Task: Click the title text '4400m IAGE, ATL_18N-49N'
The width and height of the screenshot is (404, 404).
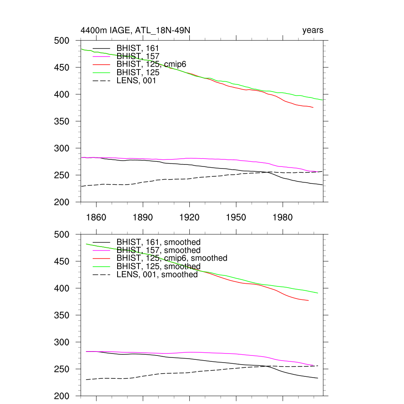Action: [x=136, y=30]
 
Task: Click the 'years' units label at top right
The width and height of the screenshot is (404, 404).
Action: [x=313, y=30]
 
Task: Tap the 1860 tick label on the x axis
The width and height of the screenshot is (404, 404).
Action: [x=96, y=217]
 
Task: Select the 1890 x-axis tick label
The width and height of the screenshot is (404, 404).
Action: [x=142, y=217]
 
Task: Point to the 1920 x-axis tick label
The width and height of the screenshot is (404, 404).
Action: [x=189, y=217]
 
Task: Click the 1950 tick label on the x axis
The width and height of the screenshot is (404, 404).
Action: [x=236, y=217]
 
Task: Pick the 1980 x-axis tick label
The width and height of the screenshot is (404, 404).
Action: [x=282, y=217]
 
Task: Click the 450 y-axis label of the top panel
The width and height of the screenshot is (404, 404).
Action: [x=61, y=67]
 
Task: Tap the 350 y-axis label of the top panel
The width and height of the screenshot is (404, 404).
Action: [x=61, y=122]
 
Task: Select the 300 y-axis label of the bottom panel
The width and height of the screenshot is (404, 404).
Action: [x=61, y=342]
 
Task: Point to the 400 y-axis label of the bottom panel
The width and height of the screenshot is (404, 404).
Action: [x=61, y=288]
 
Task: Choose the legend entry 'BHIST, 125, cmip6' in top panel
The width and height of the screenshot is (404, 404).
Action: [x=151, y=64]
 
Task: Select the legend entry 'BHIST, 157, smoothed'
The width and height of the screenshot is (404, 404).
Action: [x=158, y=250]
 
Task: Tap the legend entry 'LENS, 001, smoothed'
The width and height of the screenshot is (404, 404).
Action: [x=157, y=275]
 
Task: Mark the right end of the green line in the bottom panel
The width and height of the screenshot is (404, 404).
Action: [x=318, y=293]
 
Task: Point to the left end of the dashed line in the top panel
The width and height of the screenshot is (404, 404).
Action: [x=81, y=186]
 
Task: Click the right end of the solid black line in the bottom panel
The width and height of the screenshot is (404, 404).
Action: [x=318, y=378]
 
